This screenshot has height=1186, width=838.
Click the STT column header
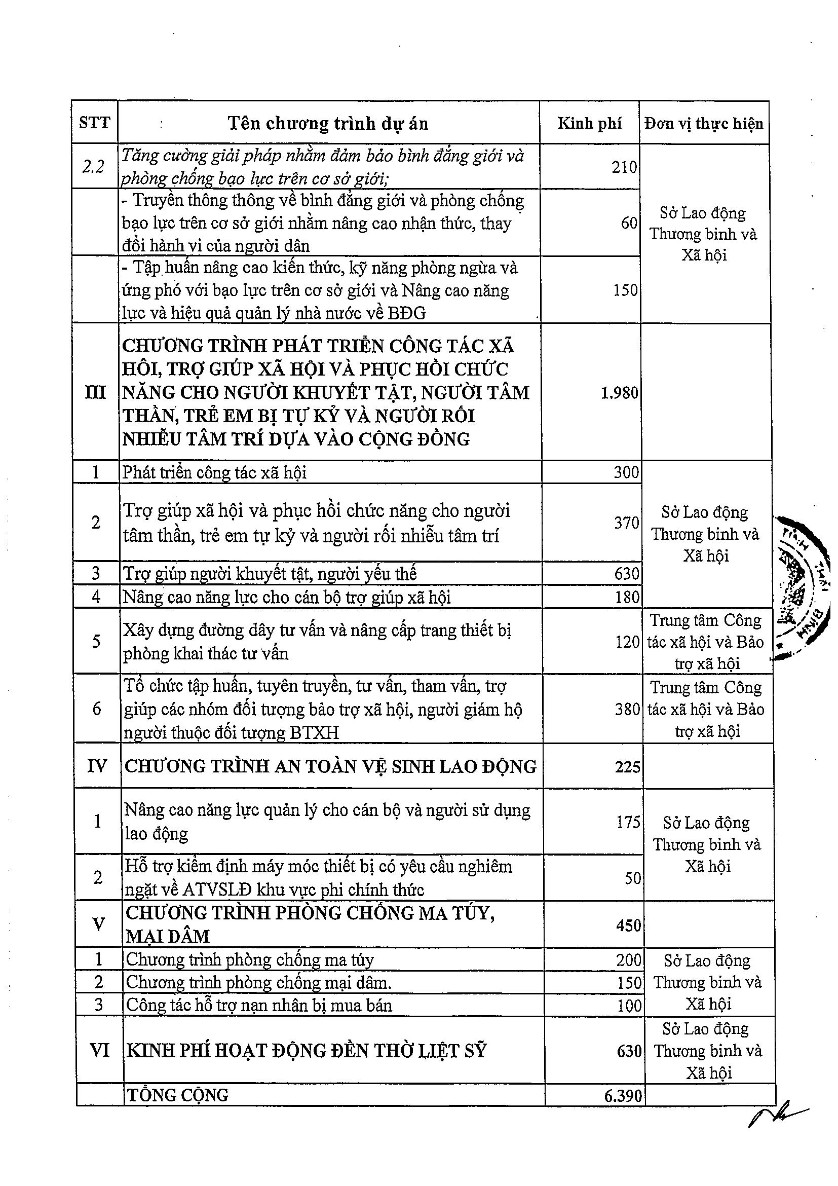(x=94, y=123)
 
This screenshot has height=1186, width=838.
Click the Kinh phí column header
(x=589, y=124)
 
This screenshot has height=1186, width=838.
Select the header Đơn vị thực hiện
(x=704, y=124)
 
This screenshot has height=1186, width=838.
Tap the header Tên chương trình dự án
(x=328, y=124)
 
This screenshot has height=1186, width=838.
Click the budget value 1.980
(x=620, y=393)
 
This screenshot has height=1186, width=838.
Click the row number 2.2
(x=93, y=166)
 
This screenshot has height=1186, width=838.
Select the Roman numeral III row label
(x=95, y=393)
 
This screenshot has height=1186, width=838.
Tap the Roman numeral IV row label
(x=97, y=766)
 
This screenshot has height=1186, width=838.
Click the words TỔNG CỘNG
(x=177, y=1095)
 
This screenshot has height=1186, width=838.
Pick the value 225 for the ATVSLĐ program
(x=627, y=766)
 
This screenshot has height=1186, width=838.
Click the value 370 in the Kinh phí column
(x=626, y=523)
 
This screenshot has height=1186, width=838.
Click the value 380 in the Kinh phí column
(x=627, y=709)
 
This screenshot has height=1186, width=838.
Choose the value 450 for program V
(x=628, y=925)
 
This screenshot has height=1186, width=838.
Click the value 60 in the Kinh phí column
(x=629, y=223)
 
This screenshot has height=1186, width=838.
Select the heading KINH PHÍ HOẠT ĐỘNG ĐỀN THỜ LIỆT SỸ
(x=306, y=1051)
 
